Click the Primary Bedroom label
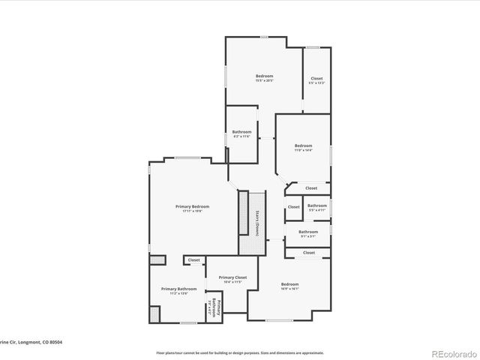click(x=193, y=206)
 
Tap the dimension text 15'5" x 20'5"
click(x=264, y=81)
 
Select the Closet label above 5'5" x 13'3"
click(x=316, y=78)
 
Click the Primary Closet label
click(x=232, y=277)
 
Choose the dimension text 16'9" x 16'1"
click(x=289, y=289)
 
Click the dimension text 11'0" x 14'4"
click(x=303, y=150)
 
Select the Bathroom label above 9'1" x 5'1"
click(x=308, y=232)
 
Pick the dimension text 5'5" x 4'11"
click(x=317, y=210)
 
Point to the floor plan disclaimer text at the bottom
click(x=240, y=352)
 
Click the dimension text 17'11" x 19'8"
click(x=193, y=211)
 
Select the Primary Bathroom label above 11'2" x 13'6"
click(x=178, y=289)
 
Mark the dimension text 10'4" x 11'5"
click(x=232, y=283)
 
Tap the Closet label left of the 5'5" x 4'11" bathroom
click(x=294, y=207)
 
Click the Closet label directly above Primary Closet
click(x=194, y=260)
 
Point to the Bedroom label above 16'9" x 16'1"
click(x=289, y=283)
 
